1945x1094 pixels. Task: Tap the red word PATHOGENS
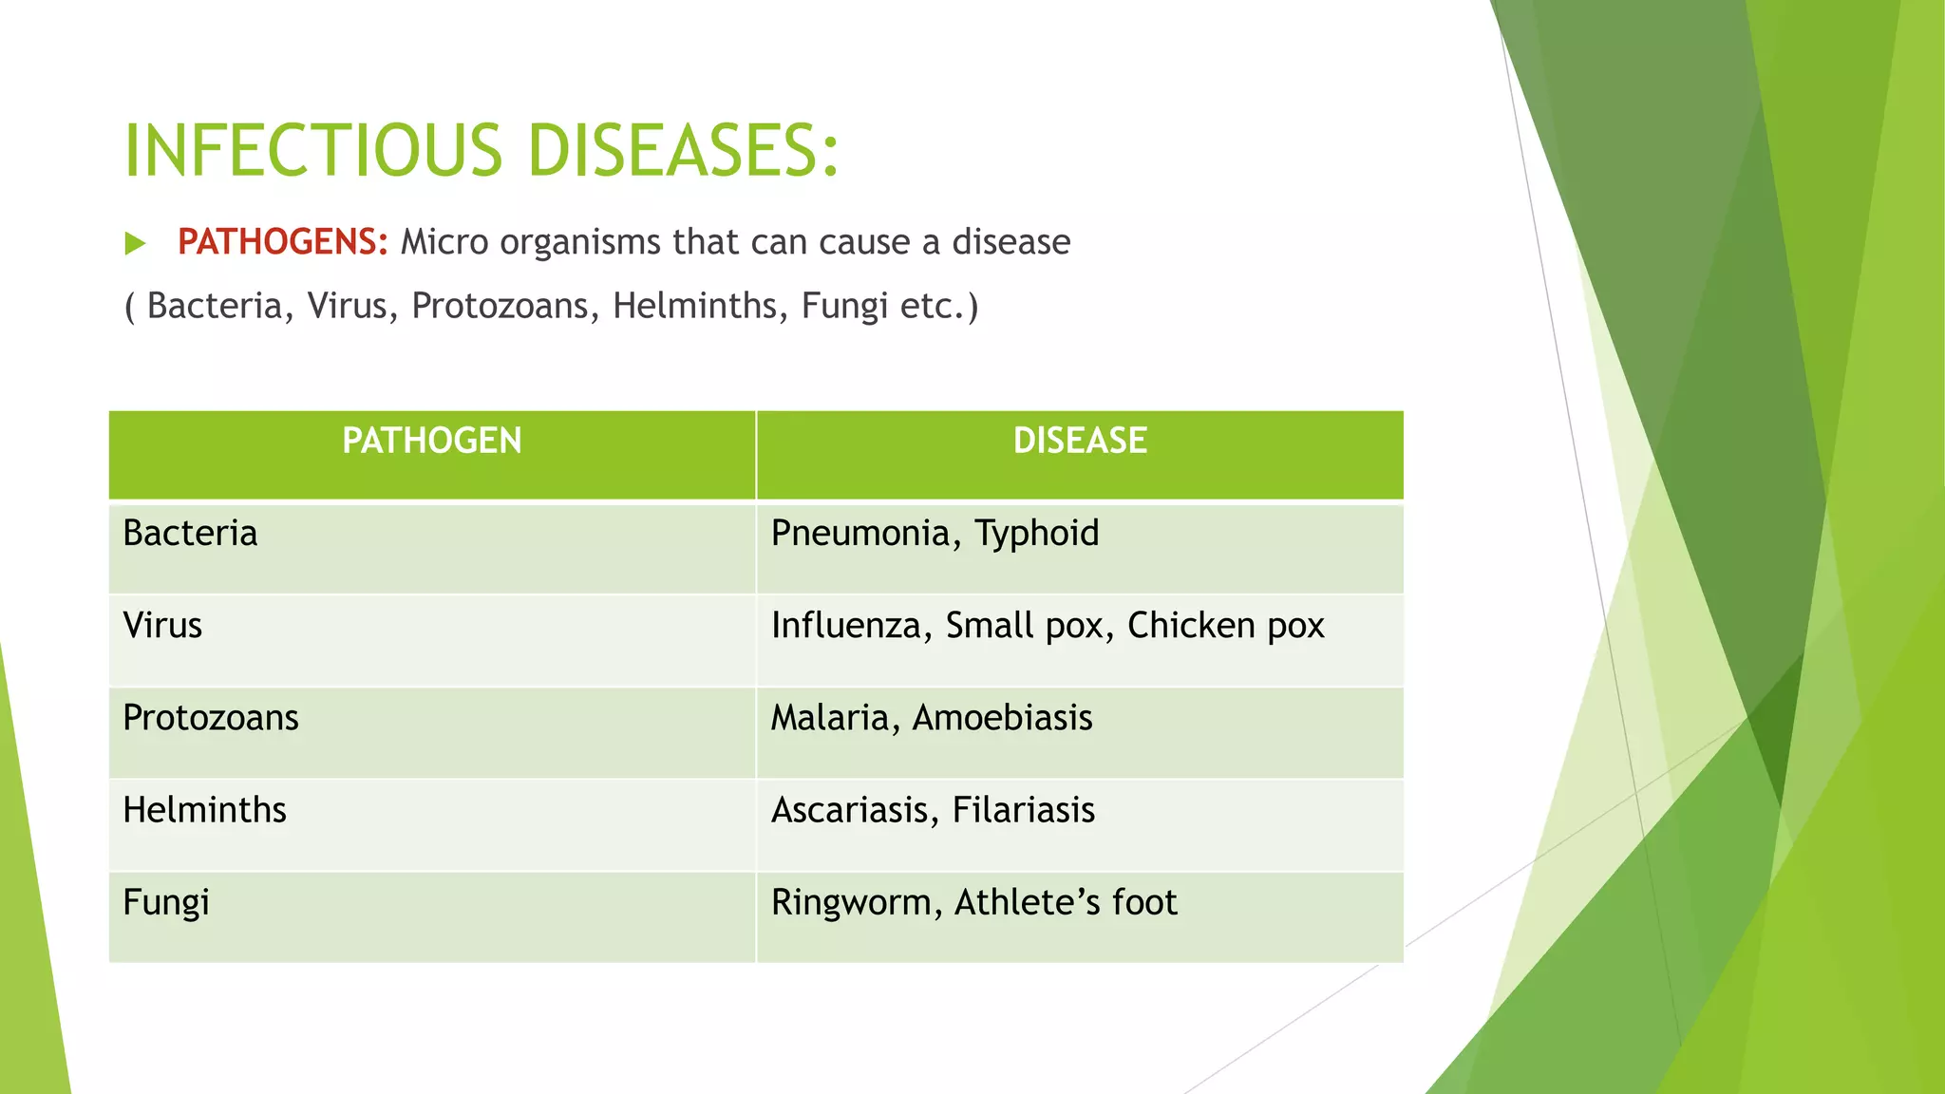coord(282,242)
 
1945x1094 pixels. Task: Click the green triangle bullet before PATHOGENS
coord(135,243)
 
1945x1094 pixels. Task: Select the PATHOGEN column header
coord(432,441)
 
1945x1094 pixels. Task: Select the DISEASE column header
coord(1080,441)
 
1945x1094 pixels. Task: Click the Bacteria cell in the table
coord(190,534)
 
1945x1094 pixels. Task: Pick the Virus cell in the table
coord(162,626)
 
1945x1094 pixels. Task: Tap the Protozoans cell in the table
coord(211,718)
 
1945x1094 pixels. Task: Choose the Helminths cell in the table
coord(204,810)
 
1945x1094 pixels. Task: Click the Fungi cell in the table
coord(166,902)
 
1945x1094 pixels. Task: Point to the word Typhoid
coord(1037,534)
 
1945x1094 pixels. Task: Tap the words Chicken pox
coord(1225,626)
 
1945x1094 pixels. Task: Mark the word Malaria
coord(829,718)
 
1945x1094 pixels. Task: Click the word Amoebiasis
coord(1002,718)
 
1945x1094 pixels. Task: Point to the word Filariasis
coord(1023,810)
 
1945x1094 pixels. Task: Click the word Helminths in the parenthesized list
coord(694,306)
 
